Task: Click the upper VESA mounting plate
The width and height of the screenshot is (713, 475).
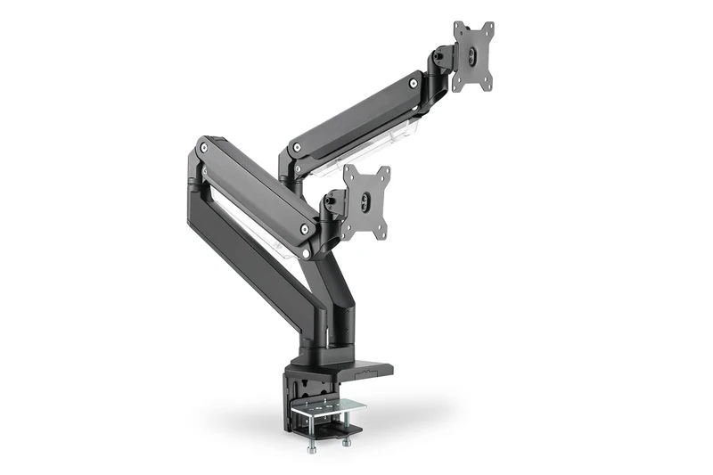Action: [x=472, y=55]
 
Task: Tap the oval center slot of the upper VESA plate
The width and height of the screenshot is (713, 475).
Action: [x=473, y=55]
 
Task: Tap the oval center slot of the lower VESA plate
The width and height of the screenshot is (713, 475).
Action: [x=366, y=203]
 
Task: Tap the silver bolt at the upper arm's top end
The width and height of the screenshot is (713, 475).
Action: [x=413, y=83]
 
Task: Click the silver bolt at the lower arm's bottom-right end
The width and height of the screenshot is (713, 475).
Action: [x=306, y=229]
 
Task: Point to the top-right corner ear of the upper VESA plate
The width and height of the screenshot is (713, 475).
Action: [x=488, y=28]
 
